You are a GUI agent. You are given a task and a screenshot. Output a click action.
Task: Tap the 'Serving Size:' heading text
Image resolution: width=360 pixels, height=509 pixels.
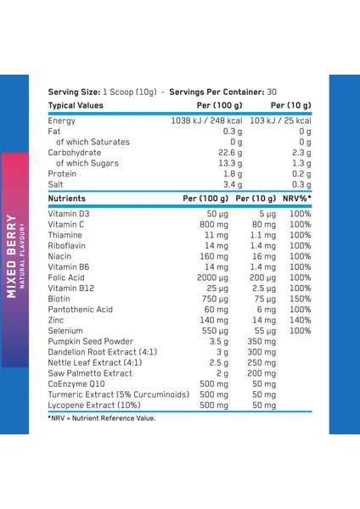pos(74,91)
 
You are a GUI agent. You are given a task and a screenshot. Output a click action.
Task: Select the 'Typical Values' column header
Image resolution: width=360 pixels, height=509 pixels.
pos(76,105)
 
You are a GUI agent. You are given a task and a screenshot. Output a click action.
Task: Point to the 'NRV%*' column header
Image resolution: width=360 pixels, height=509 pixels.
pos(296,198)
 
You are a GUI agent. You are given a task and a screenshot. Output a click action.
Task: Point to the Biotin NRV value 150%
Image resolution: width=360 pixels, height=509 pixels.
pos(300,298)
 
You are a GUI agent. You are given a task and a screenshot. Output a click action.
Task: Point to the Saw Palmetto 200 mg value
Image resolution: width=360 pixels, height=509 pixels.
pos(262,373)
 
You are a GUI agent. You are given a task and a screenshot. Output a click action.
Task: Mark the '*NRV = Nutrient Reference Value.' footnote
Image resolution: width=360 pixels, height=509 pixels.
pos(102,417)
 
